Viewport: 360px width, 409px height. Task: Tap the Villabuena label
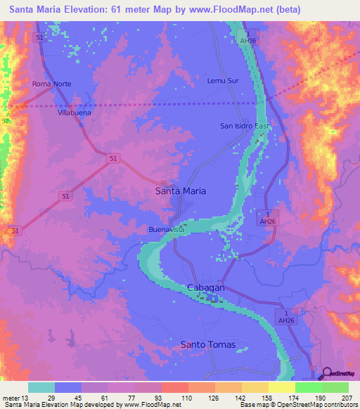(76, 112)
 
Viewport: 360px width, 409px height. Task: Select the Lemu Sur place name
(222, 81)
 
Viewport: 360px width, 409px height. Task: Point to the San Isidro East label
(245, 126)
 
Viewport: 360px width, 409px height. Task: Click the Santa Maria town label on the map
(180, 190)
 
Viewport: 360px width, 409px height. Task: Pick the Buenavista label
(166, 230)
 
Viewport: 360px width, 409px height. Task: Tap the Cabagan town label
(205, 288)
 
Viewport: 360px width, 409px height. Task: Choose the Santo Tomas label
(207, 344)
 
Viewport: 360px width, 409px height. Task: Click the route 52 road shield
(6, 122)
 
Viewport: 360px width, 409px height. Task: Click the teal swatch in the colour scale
(41, 387)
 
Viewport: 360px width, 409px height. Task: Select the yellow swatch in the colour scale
(281, 387)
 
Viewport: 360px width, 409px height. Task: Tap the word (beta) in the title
(287, 10)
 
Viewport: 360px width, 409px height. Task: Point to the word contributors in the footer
(337, 405)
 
